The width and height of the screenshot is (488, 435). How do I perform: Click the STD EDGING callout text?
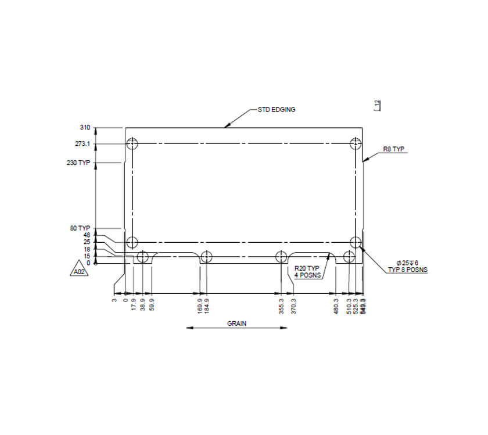pos(277,109)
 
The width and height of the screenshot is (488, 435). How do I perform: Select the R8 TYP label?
pos(393,149)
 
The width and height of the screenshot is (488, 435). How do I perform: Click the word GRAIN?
pos(236,323)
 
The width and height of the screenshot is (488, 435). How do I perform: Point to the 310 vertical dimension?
pos(85,128)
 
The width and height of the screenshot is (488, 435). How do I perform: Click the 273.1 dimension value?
pos(82,144)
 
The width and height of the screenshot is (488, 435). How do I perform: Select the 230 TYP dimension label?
pos(79,163)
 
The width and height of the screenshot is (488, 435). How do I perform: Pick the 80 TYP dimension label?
pos(81,228)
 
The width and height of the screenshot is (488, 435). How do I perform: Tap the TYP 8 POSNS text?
pos(407,269)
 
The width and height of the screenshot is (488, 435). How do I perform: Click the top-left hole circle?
pos(132,144)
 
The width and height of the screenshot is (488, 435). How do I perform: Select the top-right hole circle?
pos(356,144)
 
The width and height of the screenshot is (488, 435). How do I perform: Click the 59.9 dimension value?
pos(152,304)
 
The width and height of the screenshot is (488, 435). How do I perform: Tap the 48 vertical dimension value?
pos(87,235)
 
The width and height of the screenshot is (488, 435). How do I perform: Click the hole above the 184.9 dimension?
pos(206,257)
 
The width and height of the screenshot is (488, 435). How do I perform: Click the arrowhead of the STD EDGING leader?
pos(227,125)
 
